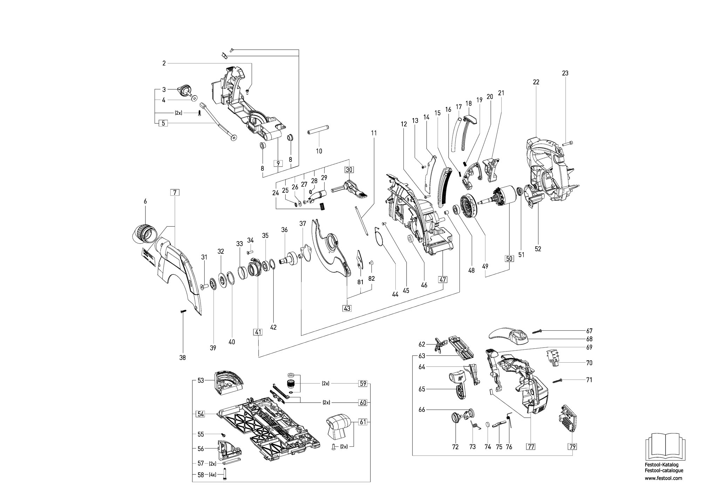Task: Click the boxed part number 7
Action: pyautogui.click(x=175, y=192)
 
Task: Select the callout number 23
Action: pyautogui.click(x=565, y=73)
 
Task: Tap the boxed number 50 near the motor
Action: pyautogui.click(x=509, y=259)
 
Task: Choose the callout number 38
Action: pyautogui.click(x=182, y=358)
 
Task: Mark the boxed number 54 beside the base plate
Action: pyautogui.click(x=200, y=414)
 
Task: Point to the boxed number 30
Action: pyautogui.click(x=349, y=170)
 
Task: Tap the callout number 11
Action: pyautogui.click(x=374, y=133)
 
